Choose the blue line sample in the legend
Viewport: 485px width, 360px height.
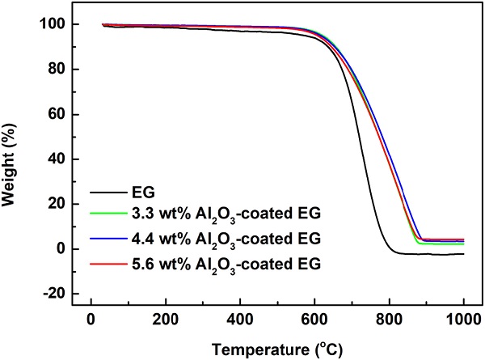coord(108,239)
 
